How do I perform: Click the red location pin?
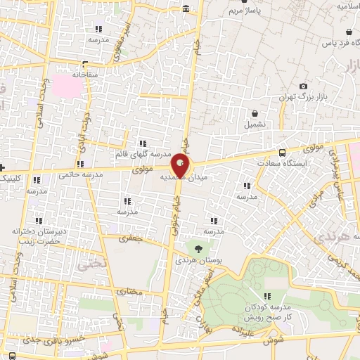(181, 167)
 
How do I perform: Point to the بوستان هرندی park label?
(204, 259)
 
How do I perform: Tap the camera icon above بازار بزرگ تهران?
(303, 85)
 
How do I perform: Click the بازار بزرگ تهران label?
(302, 97)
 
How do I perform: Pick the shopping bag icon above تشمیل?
(255, 113)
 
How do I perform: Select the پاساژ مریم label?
(248, 11)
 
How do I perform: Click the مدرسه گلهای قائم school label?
(143, 153)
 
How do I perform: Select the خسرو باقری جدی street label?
(56, 339)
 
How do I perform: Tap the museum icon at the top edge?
(186, 8)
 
